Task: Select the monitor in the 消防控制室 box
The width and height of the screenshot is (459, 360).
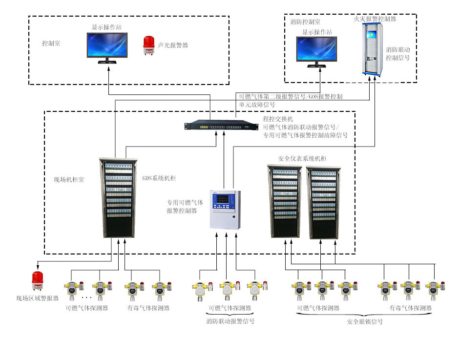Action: click(317, 51)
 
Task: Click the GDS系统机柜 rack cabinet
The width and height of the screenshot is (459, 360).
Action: click(119, 197)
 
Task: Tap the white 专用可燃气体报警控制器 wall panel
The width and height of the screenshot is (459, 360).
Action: click(225, 209)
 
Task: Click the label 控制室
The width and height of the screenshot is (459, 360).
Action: click(51, 43)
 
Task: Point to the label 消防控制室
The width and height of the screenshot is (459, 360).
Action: click(305, 22)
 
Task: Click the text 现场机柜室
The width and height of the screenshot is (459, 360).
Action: click(69, 180)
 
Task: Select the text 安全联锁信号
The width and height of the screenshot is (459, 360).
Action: click(365, 322)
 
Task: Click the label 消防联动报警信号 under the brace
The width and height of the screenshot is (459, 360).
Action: click(230, 321)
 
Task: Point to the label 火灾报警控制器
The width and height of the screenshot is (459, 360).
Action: click(375, 19)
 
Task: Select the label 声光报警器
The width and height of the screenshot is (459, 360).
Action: click(173, 45)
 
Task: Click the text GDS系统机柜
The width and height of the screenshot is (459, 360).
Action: click(159, 178)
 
